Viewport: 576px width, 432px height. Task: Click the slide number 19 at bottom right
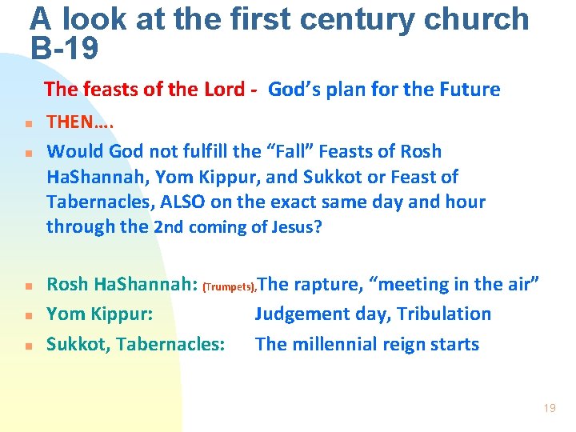point(549,408)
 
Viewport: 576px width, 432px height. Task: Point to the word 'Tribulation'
point(446,314)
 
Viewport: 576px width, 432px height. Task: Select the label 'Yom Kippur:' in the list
point(99,314)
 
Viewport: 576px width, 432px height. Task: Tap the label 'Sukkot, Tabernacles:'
point(135,345)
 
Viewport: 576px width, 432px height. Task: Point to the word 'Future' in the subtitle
point(468,89)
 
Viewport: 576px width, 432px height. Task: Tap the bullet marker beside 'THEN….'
point(26,125)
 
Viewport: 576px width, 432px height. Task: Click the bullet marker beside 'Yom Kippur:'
point(26,316)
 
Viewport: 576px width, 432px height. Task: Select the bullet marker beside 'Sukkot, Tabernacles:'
point(26,346)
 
